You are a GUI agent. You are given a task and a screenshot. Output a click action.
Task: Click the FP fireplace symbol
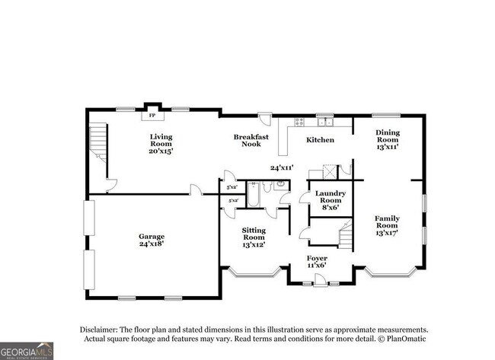(x=152, y=115)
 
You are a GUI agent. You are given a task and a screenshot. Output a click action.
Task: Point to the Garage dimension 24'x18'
(x=152, y=244)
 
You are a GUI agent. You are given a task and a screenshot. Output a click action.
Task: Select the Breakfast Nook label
(x=251, y=140)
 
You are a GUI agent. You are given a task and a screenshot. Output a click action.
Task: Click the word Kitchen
(x=320, y=140)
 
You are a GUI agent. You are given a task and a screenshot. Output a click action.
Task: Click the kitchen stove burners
(x=299, y=121)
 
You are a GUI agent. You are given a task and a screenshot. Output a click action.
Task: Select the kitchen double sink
(x=326, y=121)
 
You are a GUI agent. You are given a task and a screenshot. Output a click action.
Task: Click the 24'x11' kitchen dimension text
(x=283, y=167)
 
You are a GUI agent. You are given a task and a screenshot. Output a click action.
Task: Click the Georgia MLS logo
(x=27, y=350)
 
